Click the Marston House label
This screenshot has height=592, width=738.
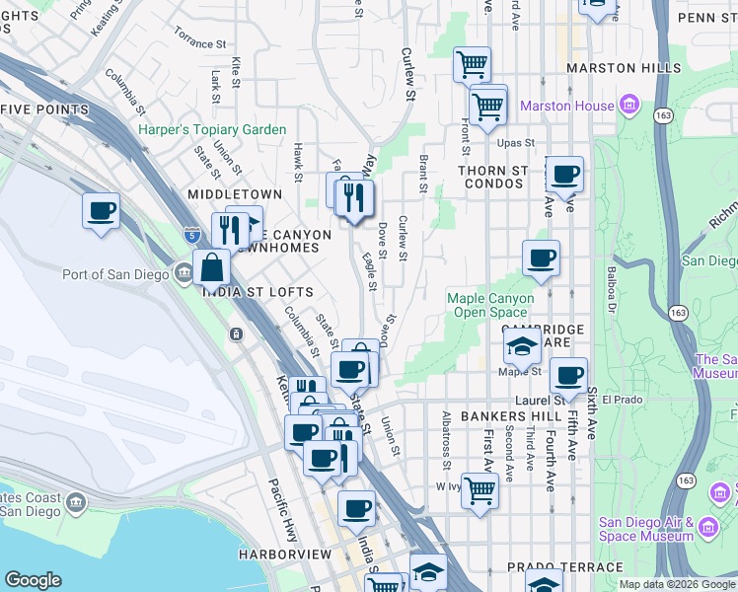(x=566, y=106)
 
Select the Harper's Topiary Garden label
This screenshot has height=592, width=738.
(x=212, y=129)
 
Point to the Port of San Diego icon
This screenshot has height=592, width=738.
(x=184, y=274)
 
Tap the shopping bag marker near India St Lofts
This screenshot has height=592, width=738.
(x=212, y=266)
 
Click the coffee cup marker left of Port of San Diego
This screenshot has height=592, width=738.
(x=101, y=210)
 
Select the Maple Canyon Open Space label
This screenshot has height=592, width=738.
(x=490, y=305)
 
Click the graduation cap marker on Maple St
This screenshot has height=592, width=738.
(x=521, y=346)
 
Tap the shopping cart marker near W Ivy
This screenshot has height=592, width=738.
(x=480, y=488)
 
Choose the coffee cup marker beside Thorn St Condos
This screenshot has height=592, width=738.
(x=564, y=175)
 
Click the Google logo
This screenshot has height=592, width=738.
(x=33, y=580)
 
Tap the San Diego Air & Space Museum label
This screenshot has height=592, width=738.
(x=646, y=530)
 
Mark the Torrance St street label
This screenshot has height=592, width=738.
(x=193, y=43)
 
